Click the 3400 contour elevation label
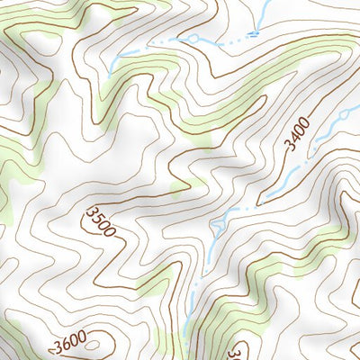(299, 136)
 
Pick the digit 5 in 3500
(96, 218)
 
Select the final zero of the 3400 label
(306, 123)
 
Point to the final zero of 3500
(109, 233)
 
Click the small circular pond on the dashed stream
(193, 39)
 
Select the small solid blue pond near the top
(254, 33)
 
